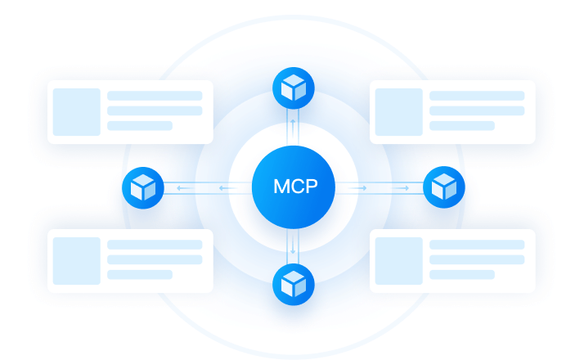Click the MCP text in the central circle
(x=293, y=187)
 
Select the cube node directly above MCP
(x=293, y=88)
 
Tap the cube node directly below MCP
(x=293, y=284)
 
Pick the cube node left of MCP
(x=143, y=187)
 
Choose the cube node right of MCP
(x=444, y=187)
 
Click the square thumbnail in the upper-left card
(x=76, y=111)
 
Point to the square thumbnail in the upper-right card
(x=398, y=111)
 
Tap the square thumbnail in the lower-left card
(x=76, y=260)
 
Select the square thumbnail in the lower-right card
(x=398, y=260)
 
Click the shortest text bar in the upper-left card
(x=140, y=126)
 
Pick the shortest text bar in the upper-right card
(x=462, y=126)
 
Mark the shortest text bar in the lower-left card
(x=140, y=275)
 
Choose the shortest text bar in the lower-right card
(x=462, y=275)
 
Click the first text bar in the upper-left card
(x=155, y=96)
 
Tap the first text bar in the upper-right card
(x=477, y=96)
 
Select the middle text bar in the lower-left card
(x=155, y=259)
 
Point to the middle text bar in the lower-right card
(x=477, y=259)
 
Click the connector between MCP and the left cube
(x=208, y=188)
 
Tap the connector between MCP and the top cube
(x=293, y=123)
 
